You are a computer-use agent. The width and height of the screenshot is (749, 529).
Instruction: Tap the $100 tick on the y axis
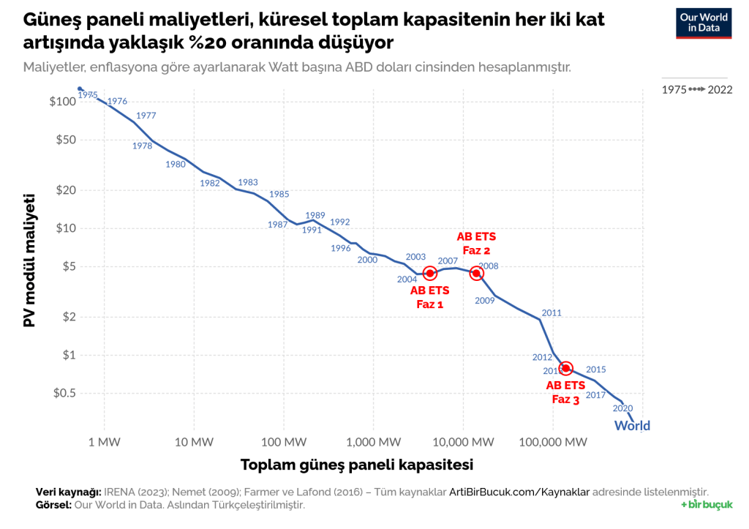click(x=63, y=101)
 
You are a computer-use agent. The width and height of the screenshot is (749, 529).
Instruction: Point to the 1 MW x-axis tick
click(x=104, y=441)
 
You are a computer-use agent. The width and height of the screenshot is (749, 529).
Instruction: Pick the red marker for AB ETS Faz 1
click(x=430, y=273)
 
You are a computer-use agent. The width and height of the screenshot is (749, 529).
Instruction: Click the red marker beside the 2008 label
click(x=476, y=273)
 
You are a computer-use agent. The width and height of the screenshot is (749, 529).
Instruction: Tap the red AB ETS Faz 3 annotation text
click(x=565, y=392)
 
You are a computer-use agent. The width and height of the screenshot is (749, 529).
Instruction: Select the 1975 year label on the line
click(x=88, y=95)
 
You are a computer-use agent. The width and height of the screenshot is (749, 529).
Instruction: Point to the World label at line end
click(x=632, y=426)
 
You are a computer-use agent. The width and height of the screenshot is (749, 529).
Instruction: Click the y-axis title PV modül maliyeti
click(x=30, y=260)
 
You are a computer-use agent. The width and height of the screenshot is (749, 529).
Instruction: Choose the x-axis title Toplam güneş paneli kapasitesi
click(x=357, y=465)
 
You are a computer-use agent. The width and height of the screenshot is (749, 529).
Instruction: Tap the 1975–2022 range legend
click(x=696, y=89)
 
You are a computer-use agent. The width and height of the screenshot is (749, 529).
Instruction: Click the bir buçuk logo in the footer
click(x=706, y=505)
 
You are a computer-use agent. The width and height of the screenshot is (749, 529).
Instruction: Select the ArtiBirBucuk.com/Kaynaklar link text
click(x=519, y=492)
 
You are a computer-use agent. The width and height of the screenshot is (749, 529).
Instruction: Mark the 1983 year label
click(x=248, y=182)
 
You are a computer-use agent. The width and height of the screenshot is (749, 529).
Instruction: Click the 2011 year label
click(x=552, y=312)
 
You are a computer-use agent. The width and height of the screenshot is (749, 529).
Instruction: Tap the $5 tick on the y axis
click(x=68, y=266)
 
